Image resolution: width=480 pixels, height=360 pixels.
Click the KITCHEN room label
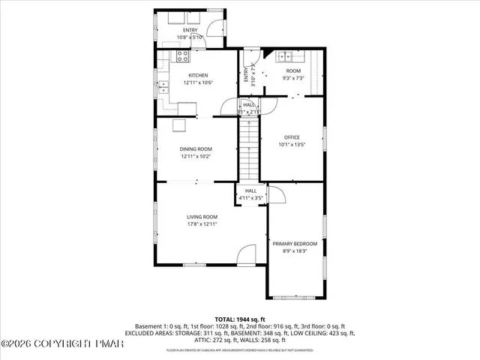click(198, 75)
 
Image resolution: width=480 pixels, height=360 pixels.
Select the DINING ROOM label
click(196, 149)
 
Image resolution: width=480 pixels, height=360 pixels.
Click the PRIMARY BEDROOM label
click(295, 244)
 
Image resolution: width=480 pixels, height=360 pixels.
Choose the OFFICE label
click(292, 137)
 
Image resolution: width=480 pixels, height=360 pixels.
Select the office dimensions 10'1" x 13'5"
click(292, 145)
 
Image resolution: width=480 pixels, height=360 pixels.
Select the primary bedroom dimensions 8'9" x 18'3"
click(295, 251)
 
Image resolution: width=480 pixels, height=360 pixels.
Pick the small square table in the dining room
click(179, 125)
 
